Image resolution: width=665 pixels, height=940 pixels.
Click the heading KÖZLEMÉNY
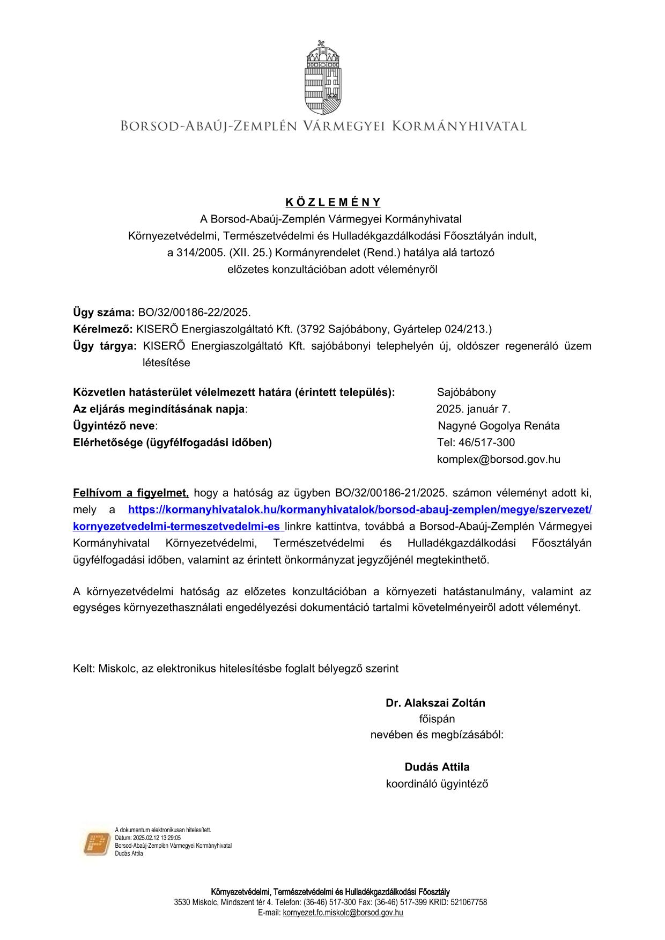pos(332,202)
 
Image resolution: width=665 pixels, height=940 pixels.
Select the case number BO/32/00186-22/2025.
pos(194,312)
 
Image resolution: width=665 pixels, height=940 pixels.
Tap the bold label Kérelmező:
pos(102,329)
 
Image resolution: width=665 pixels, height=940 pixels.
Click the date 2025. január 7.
pos(473,409)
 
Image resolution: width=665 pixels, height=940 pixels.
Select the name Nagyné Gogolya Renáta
pos(498,426)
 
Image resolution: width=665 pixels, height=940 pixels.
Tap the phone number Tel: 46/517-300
pos(476,442)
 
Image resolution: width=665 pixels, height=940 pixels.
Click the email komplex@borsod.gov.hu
pos(498,460)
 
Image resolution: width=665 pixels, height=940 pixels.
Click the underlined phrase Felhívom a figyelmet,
pos(131,493)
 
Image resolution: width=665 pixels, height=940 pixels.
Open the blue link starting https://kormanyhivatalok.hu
pos(360,509)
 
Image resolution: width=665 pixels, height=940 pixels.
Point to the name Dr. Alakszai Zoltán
pos(435,703)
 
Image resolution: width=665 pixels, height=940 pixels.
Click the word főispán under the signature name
pos(437,719)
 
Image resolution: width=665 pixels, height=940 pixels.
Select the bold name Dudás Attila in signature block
pos(437,767)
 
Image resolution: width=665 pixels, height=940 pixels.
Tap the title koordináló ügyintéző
pos(437,783)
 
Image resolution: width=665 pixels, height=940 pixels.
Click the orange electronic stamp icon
pos(96,843)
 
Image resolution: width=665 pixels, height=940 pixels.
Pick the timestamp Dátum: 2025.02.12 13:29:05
pos(148,838)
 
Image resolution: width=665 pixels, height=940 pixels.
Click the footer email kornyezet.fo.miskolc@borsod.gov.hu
pos(343,912)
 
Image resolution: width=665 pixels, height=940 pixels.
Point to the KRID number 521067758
pos(469,902)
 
